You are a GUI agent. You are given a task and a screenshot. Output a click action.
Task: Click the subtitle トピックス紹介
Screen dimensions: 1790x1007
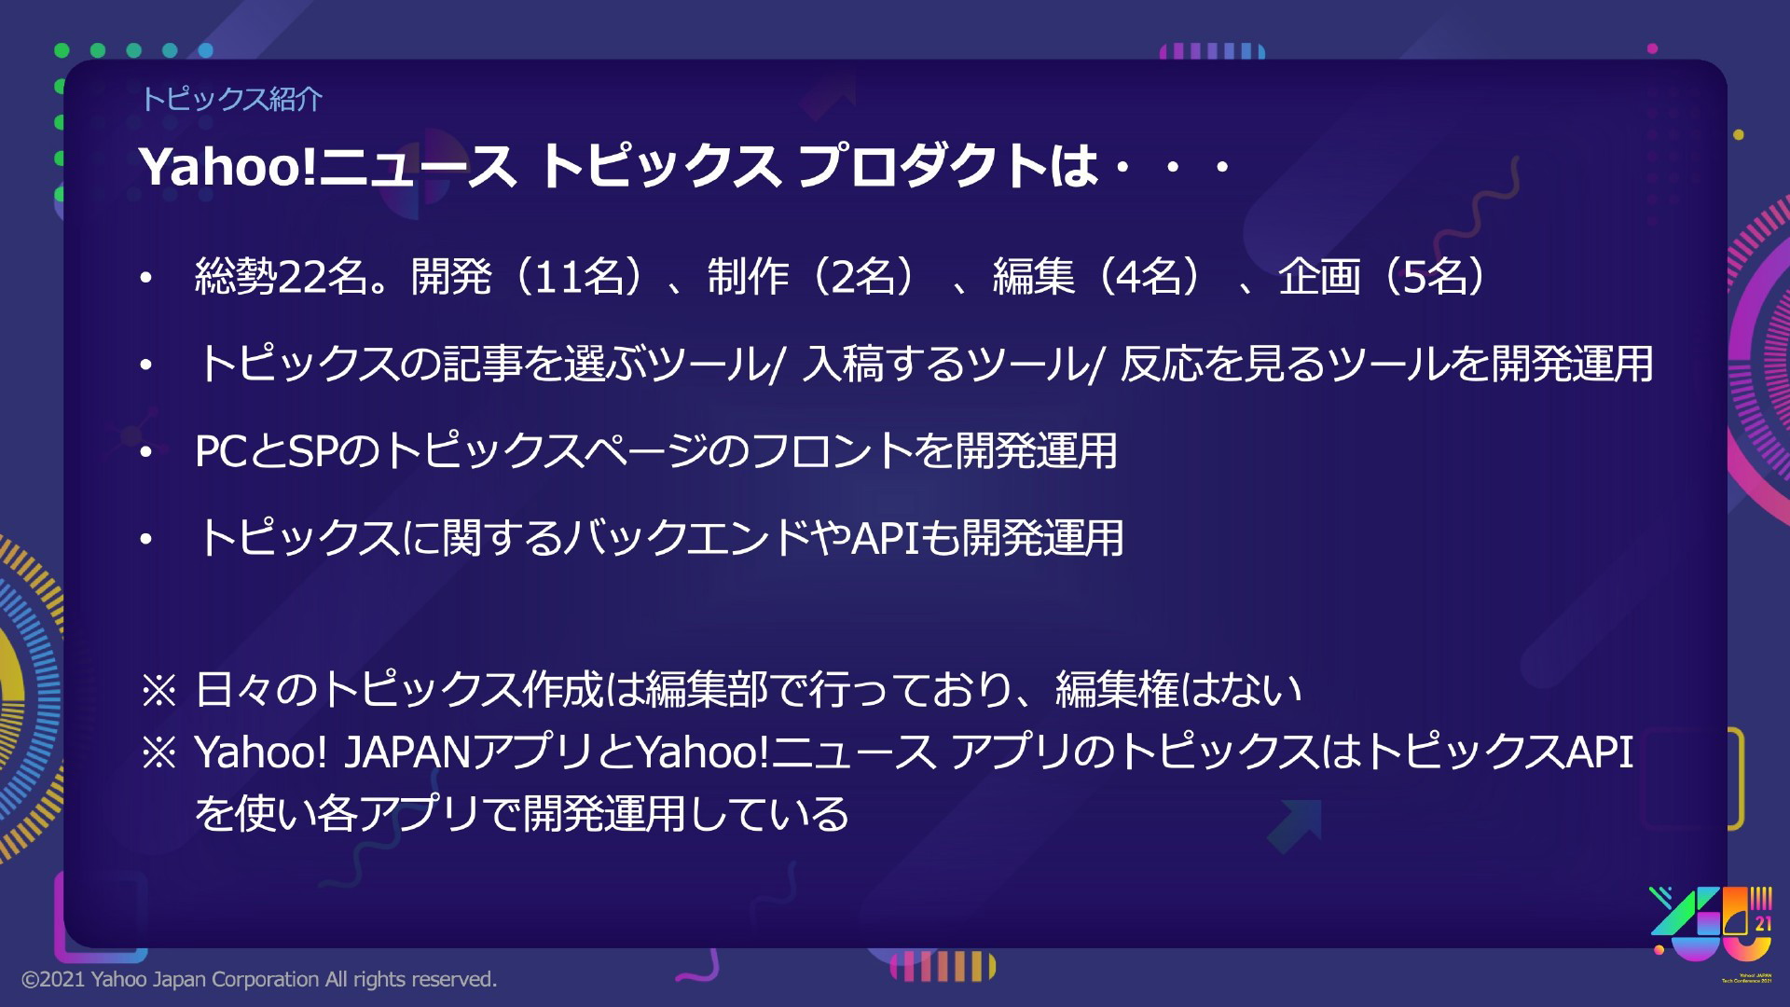[231, 99]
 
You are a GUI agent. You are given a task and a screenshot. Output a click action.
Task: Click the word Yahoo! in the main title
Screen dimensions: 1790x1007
[228, 167]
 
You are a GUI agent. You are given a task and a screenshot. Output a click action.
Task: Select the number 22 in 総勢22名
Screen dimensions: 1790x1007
[301, 277]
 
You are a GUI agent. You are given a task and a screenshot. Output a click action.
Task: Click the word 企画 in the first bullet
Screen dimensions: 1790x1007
[1319, 277]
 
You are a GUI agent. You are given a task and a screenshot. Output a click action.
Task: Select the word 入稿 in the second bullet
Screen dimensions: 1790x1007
[843, 364]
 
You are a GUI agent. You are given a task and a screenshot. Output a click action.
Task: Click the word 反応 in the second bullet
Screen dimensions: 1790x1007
[1161, 364]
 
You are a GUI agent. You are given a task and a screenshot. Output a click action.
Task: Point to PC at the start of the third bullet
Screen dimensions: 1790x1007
[221, 451]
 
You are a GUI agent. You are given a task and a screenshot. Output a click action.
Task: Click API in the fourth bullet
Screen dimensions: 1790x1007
[885, 538]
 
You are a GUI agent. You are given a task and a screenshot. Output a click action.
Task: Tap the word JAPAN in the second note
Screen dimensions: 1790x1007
[408, 752]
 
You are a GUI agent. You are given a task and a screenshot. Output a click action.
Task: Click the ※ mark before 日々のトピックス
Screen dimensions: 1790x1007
[158, 691]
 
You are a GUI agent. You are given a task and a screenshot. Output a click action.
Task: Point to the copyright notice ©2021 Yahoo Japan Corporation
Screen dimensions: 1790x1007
[259, 979]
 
